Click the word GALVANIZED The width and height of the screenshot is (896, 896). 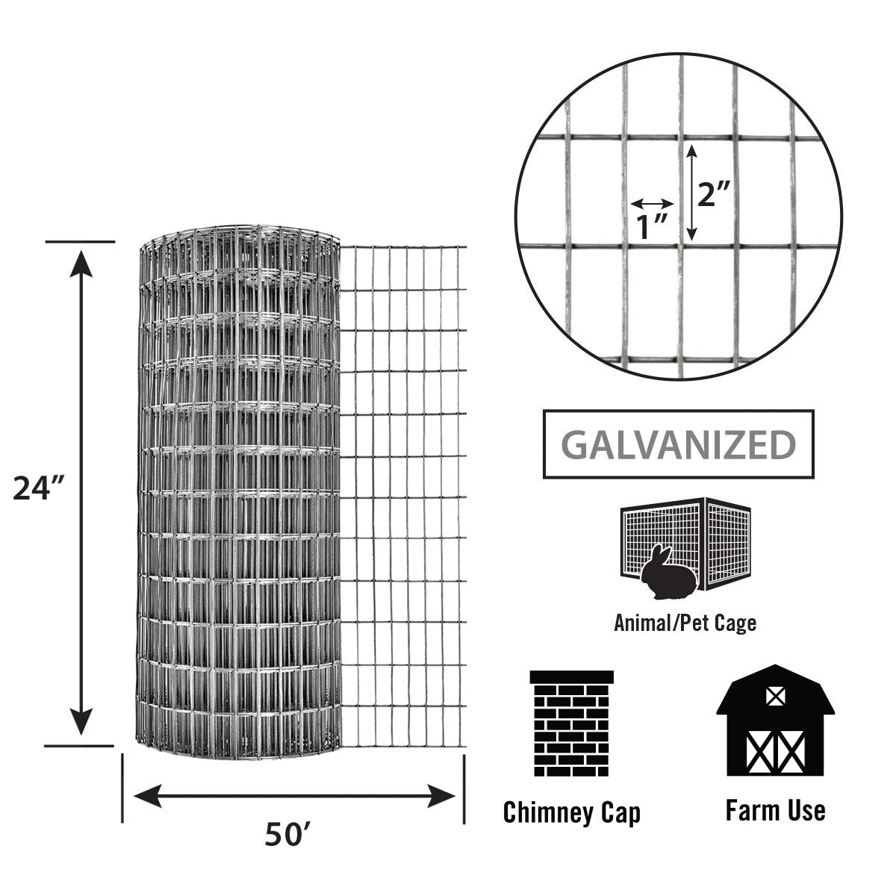pyautogui.click(x=679, y=445)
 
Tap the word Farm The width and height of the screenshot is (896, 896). pyautogui.click(x=749, y=811)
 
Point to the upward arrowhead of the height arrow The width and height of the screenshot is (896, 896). pyautogui.click(x=81, y=264)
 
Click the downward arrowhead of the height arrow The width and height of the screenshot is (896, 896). pyautogui.click(x=81, y=722)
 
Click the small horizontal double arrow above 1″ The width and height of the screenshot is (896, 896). pyautogui.click(x=652, y=203)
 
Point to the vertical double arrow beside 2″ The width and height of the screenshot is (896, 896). pyautogui.click(x=692, y=193)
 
